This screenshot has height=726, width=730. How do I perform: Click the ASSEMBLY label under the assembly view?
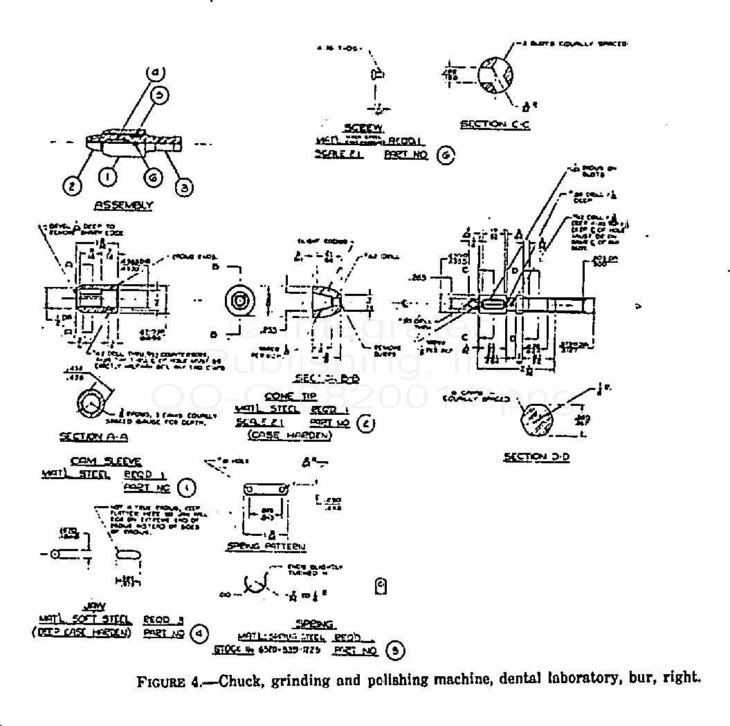pos(123,205)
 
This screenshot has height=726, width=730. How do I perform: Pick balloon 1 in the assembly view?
pos(108,177)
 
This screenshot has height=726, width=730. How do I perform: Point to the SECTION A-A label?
pos(93,436)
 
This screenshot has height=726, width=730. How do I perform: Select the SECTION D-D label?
pos(536,457)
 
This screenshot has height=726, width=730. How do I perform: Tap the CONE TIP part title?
pos(290,396)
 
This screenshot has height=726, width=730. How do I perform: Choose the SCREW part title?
pos(363,127)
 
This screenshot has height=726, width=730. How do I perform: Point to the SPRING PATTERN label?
pos(266,546)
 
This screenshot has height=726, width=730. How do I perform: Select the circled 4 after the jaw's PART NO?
pos(199,633)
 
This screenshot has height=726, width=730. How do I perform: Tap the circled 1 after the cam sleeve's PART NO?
pos(186,488)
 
